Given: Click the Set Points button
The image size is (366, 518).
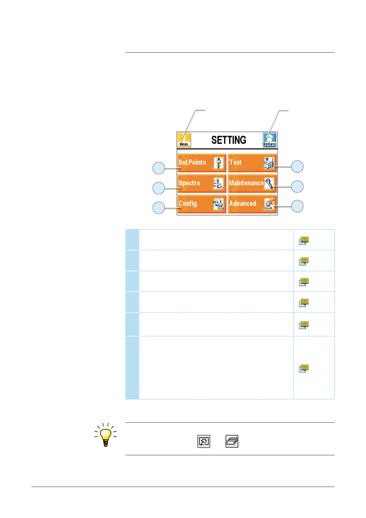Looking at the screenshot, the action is pos(202,163).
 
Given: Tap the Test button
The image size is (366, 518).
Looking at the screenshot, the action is pos(252,163).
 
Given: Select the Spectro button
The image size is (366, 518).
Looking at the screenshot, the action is pos(202,183).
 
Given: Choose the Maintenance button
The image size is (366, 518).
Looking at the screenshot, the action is pos(252,183).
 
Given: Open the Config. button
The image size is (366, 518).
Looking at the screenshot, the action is pos(202,204).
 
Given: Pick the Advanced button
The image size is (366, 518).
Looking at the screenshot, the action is pos(252,204).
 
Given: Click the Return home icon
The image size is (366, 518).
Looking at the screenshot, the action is pos(270,140).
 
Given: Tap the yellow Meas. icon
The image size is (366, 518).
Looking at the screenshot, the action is pos(184,140).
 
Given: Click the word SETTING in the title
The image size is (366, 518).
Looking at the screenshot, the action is pos(229,140).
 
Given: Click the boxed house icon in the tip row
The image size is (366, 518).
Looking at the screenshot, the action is pos(204,441).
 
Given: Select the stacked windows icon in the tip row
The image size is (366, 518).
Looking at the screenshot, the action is pos(232,441).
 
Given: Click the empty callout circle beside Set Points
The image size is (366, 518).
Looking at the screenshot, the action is pos(159,168).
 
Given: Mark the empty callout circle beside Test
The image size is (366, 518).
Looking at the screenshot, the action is pos(297,166).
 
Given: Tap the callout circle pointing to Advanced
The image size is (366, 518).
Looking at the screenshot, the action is pos(297,206).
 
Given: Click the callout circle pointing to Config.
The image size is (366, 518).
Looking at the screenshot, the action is pos(159,208).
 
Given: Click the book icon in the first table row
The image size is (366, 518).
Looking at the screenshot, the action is pos(304,240).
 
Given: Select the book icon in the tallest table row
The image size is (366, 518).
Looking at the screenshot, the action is pos(304,368).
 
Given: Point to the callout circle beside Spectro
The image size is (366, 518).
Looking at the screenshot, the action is pos(159,188).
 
